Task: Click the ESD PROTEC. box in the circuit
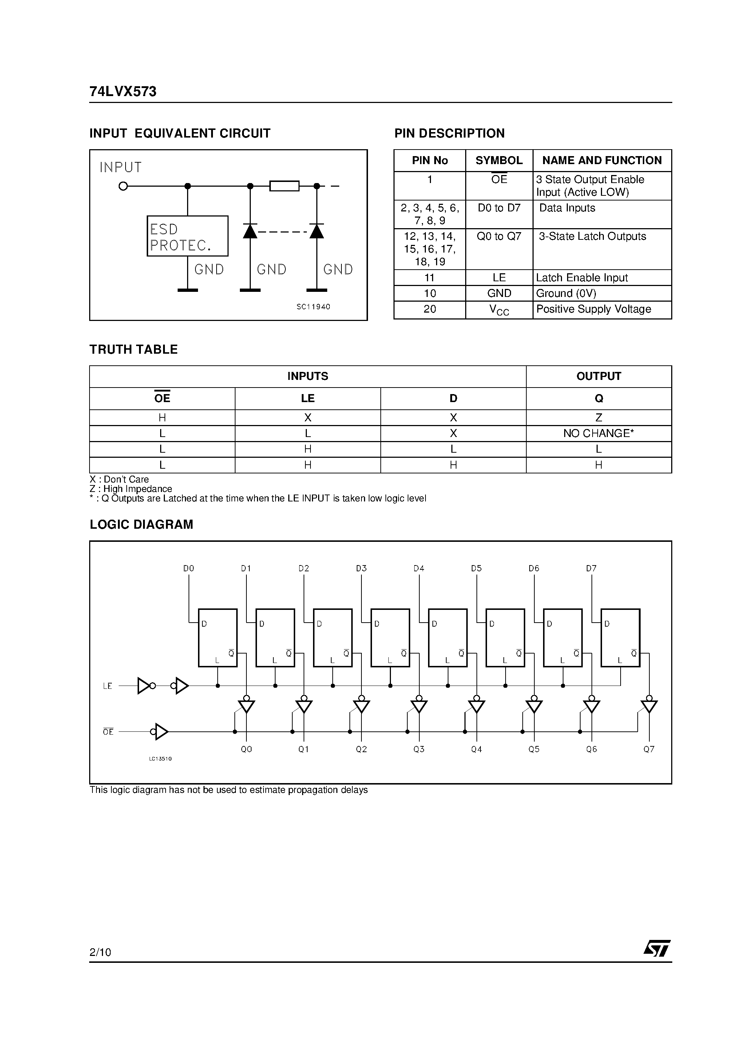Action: [187, 236]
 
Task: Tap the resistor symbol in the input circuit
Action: [284, 186]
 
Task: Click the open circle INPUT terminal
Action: [123, 186]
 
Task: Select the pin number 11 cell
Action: [429, 278]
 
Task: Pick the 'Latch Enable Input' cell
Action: [601, 278]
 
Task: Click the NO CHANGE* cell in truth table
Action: [598, 433]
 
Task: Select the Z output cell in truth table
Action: [598, 417]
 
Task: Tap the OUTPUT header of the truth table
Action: [598, 376]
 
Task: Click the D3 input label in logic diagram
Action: [361, 568]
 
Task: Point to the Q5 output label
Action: [534, 749]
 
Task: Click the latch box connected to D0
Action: [217, 638]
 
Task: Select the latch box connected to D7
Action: [620, 638]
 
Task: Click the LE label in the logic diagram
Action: [108, 686]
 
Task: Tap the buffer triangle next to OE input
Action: [161, 732]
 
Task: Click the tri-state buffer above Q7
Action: [649, 706]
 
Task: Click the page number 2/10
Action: [100, 952]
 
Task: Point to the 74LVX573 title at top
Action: [123, 92]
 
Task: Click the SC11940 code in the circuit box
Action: [313, 307]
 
